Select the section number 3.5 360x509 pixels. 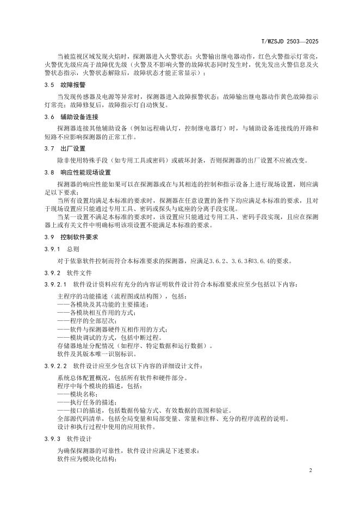click(x=48, y=85)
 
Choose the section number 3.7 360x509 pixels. click(x=48, y=148)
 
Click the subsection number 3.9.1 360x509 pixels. click(x=51, y=249)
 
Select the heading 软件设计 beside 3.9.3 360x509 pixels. click(x=79, y=438)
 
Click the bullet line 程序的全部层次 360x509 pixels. click(x=82, y=321)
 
